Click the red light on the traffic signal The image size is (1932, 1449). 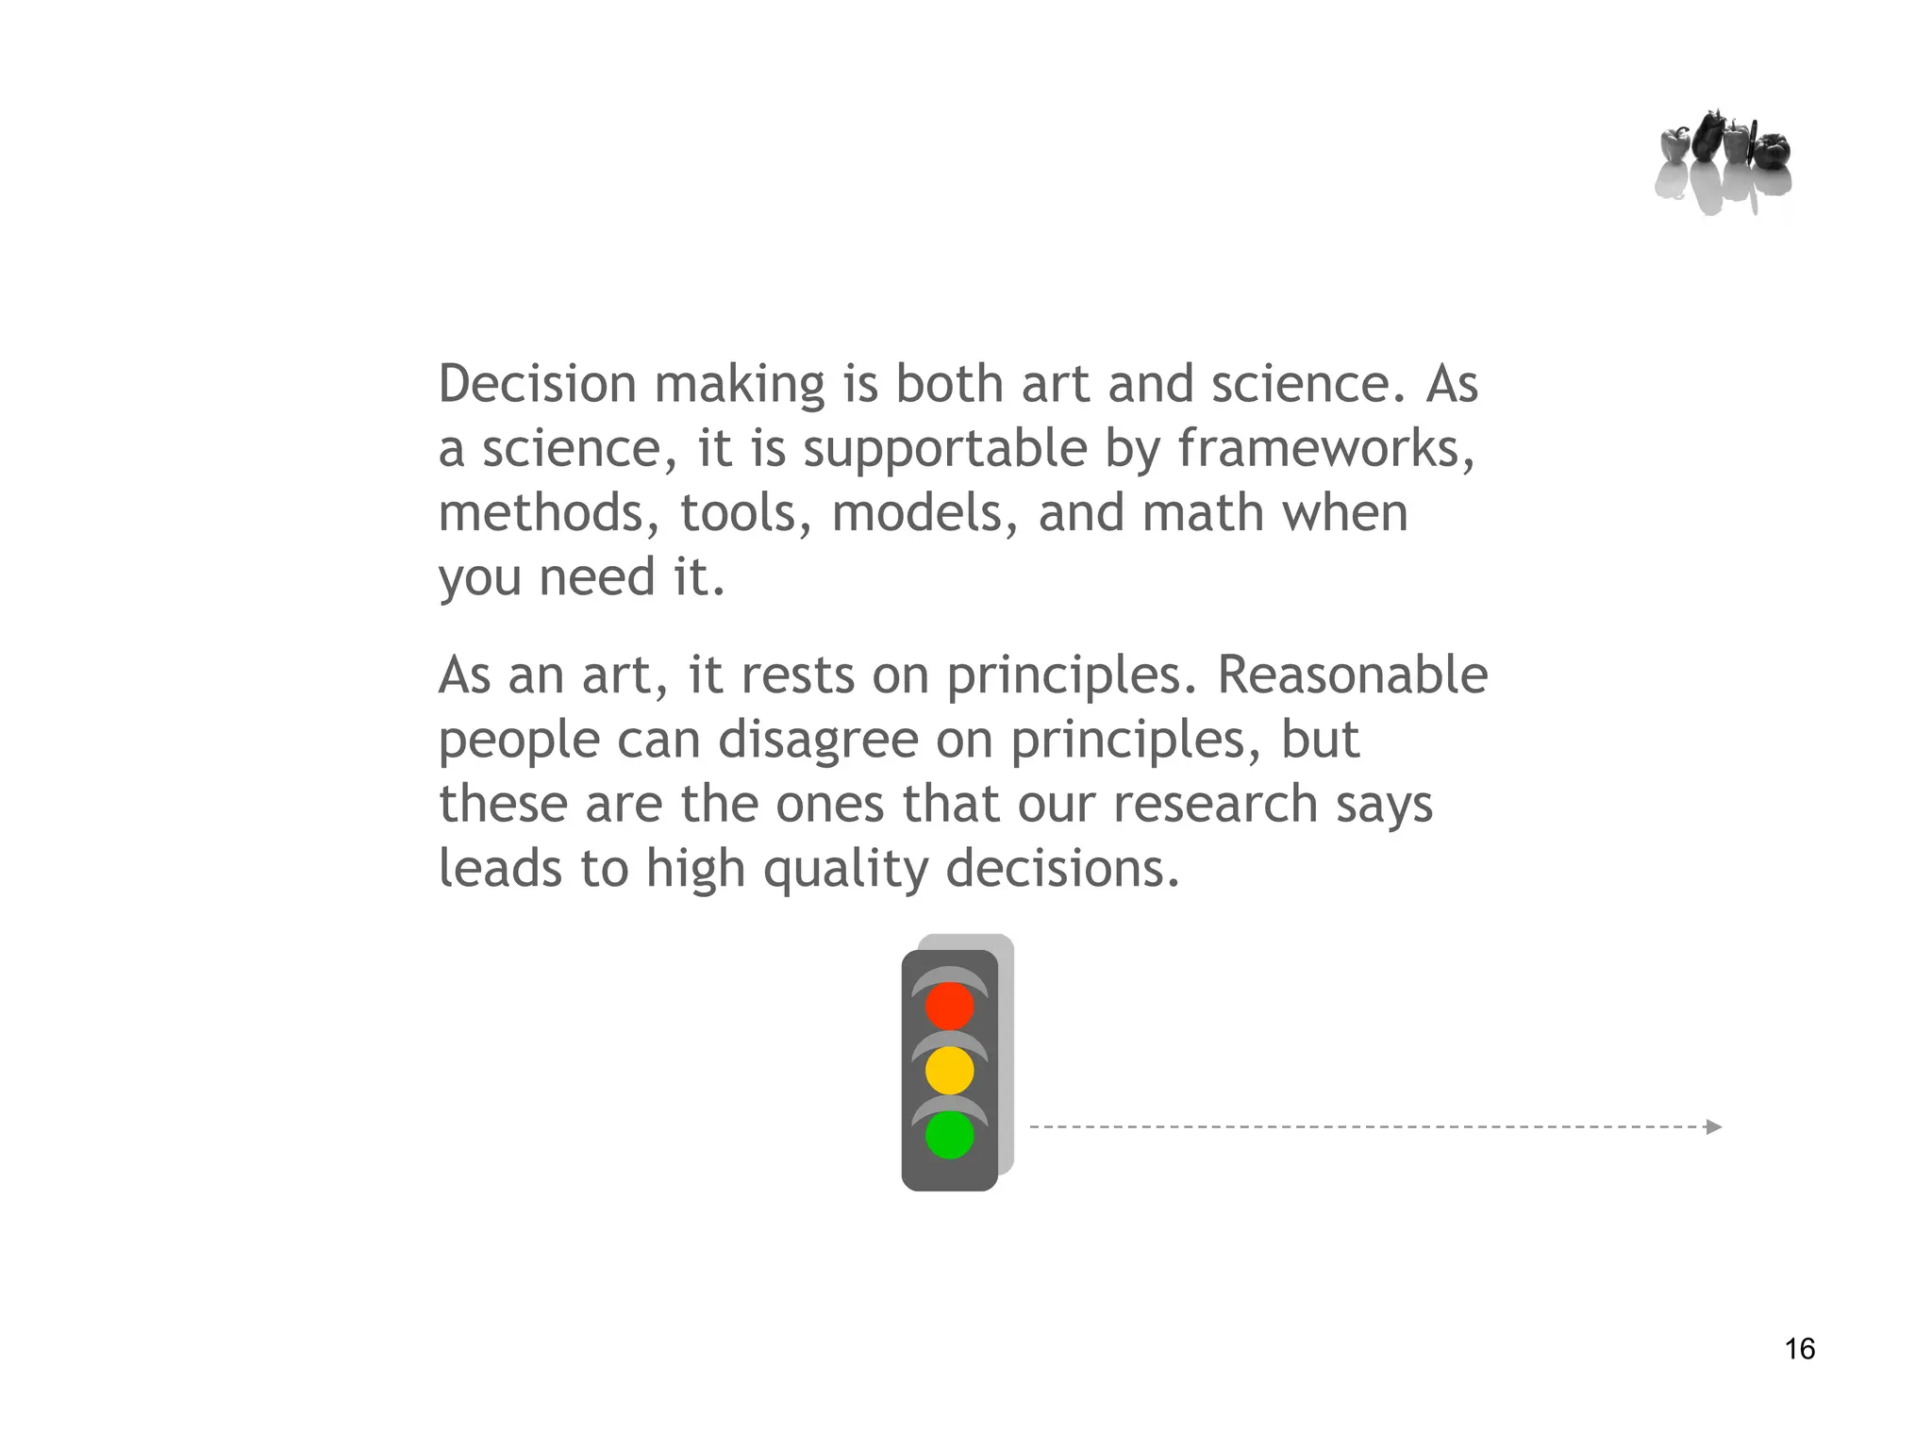coord(949,1006)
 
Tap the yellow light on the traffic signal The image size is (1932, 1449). coord(949,1070)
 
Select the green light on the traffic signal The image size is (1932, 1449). coord(949,1135)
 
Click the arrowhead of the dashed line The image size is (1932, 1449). coord(1714,1126)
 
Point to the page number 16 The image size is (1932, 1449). coord(1800,1349)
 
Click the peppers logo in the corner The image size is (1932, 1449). coord(1724,160)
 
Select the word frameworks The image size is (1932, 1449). coord(1325,448)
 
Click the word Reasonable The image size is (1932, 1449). coord(1352,675)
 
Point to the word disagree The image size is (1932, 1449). coord(818,740)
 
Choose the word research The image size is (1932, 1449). coord(1215,804)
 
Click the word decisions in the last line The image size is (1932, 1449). coord(1062,868)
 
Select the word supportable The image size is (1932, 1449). coord(945,448)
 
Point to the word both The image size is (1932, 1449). coord(950,384)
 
